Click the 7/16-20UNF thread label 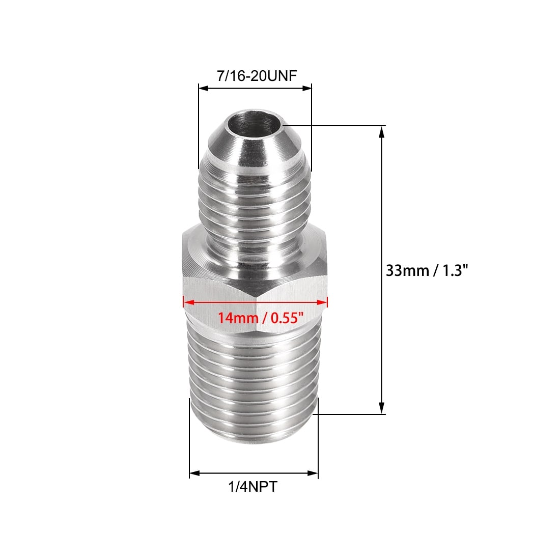[257, 76]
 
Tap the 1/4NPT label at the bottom [253, 486]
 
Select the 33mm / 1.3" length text [427, 270]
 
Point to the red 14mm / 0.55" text [261, 317]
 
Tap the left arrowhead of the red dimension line [188, 302]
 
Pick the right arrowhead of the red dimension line [322, 302]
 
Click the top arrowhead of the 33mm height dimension [381, 132]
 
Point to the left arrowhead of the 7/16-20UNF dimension [204, 88]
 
